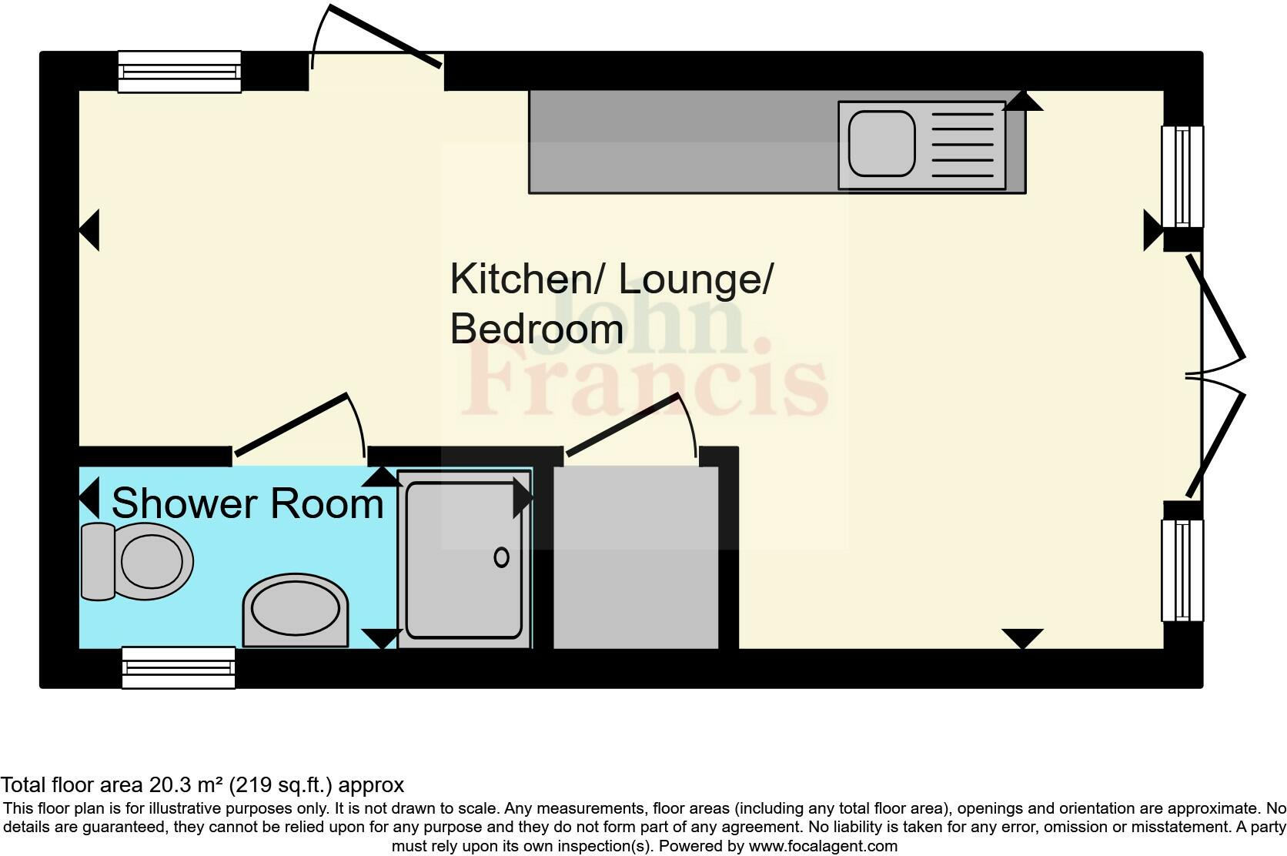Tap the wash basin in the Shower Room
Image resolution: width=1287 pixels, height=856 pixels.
296,610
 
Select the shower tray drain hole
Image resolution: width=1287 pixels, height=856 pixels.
501,557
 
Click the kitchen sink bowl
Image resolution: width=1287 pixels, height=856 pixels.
882,144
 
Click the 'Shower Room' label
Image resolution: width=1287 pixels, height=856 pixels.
248,504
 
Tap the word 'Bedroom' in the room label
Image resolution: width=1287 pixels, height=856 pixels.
537,329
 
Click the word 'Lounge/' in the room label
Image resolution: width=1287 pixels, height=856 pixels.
696,279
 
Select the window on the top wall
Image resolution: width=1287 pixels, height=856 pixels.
179,72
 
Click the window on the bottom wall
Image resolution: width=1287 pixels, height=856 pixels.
179,667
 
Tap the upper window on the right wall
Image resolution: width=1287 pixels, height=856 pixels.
1182,176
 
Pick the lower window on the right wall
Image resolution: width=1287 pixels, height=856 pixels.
1182,570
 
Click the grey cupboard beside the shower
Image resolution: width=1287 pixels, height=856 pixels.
636,557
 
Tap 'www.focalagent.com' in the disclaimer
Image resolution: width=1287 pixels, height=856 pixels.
822,846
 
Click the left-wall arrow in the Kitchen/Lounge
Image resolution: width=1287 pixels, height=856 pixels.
89,230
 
